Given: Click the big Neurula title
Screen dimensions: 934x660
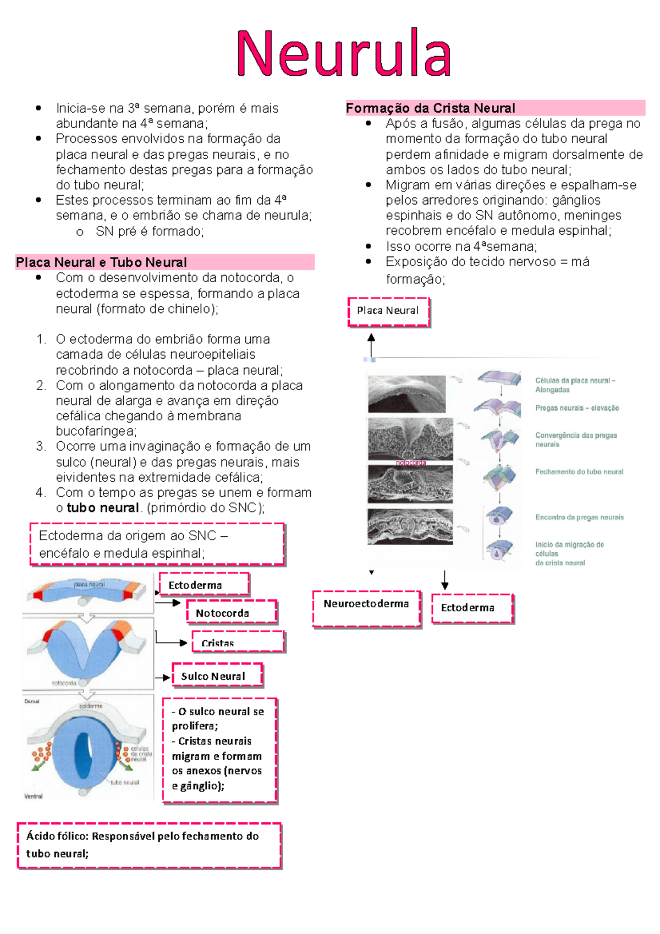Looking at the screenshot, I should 344,53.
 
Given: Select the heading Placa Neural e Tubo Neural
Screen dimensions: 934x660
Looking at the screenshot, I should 102,262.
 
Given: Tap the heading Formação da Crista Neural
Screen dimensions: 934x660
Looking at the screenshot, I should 431,108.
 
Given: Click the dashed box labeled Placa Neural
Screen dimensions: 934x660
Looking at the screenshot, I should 388,311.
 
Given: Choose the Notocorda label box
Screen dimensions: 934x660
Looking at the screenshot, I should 232,613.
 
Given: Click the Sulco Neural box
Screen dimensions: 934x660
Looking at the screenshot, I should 217,676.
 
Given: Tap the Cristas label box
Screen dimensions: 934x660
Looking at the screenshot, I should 238,642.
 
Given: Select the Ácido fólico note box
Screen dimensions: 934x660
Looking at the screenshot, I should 149,845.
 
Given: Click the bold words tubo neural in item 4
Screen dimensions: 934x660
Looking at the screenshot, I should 102,508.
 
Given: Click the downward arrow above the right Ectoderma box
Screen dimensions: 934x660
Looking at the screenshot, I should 444,580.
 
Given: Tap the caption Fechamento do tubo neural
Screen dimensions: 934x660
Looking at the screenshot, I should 579,471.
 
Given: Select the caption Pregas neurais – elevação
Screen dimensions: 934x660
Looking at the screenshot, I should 577,408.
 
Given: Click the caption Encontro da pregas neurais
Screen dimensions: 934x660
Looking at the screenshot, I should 580,517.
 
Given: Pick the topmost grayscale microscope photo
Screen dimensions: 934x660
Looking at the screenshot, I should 407,393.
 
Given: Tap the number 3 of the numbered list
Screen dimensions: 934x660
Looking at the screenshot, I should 41,446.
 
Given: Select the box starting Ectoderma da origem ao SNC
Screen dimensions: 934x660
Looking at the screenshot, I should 157,544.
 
